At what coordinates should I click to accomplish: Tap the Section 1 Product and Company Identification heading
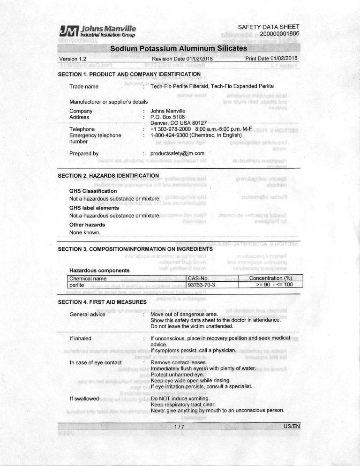[129, 74]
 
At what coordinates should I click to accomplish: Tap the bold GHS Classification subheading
[93, 192]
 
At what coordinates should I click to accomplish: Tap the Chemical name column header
[87, 278]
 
